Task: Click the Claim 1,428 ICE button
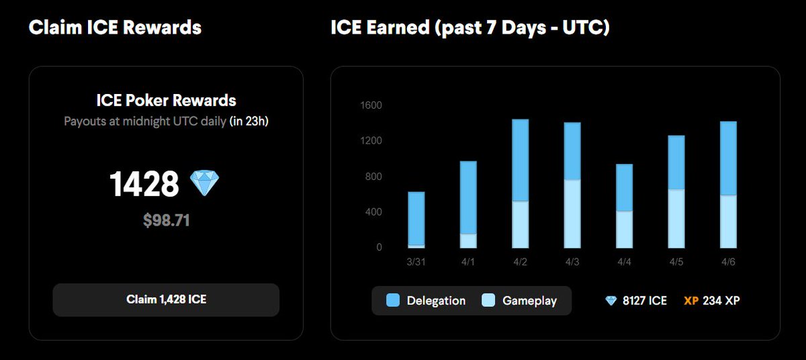click(x=166, y=300)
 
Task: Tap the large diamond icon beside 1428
click(x=205, y=183)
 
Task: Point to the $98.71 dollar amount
click(x=166, y=220)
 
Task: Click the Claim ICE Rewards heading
click(x=115, y=28)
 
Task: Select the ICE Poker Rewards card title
click(x=166, y=101)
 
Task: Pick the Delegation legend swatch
click(x=393, y=300)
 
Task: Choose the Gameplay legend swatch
click(x=488, y=300)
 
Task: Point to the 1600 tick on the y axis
click(x=370, y=105)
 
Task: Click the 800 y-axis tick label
click(x=372, y=177)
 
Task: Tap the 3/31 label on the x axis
click(x=416, y=261)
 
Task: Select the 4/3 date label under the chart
click(x=572, y=261)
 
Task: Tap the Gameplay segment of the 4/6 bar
click(x=729, y=221)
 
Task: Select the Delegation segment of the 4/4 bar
click(x=624, y=187)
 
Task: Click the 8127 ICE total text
click(x=644, y=301)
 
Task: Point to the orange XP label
click(x=691, y=301)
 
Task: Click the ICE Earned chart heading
click(x=470, y=28)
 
